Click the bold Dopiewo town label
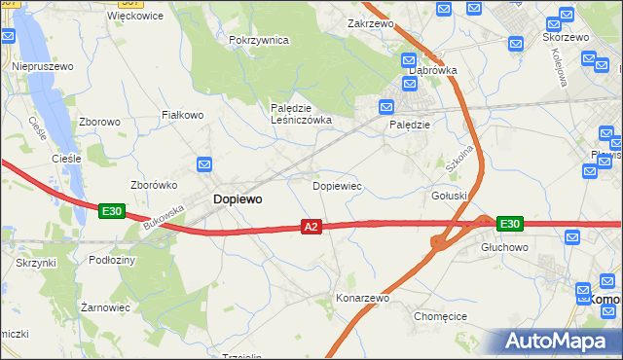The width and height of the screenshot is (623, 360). (237, 198)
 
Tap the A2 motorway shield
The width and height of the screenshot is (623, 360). (311, 227)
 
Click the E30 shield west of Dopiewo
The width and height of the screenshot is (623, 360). (111, 210)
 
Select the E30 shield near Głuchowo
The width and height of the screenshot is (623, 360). (509, 224)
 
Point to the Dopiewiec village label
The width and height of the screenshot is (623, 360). (337, 185)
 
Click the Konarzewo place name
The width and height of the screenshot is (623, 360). (362, 298)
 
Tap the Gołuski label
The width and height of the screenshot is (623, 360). (450, 196)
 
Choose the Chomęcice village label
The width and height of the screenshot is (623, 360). (441, 316)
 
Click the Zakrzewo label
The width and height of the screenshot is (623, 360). (369, 21)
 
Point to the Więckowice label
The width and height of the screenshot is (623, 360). (135, 16)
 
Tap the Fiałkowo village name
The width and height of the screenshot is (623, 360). (182, 115)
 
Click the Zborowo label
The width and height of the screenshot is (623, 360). (100, 123)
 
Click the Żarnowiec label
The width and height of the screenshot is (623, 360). (106, 306)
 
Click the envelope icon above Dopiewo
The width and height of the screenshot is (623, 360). (204, 164)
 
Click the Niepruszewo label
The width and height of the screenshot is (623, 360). (43, 66)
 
